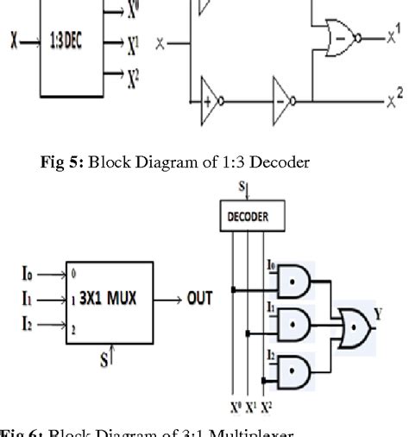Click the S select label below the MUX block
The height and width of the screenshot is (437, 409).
point(106,359)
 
